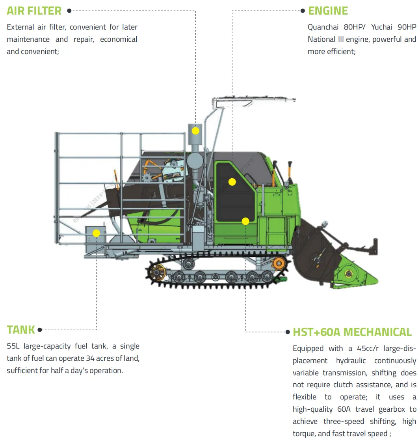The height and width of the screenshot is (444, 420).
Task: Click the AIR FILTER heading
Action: (x=34, y=11)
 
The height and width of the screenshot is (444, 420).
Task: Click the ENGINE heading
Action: (x=328, y=11)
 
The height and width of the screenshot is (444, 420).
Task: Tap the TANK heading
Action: (x=20, y=330)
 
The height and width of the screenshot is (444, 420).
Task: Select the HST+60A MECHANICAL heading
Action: (x=352, y=332)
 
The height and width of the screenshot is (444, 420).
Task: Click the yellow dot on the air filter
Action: (x=195, y=131)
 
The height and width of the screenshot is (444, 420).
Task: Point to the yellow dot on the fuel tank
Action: (x=96, y=233)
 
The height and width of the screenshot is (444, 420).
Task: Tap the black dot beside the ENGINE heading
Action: (x=303, y=11)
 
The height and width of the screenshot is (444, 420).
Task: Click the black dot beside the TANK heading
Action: (x=40, y=330)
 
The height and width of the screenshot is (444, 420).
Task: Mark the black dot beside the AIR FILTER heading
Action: (x=69, y=11)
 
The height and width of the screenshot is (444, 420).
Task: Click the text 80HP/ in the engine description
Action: (x=355, y=27)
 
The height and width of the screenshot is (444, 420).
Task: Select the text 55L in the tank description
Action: (x=13, y=346)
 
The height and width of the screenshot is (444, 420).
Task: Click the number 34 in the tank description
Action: (x=90, y=358)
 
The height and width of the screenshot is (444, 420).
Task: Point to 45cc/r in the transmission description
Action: (x=367, y=348)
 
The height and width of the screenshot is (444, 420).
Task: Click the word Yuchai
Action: (x=381, y=27)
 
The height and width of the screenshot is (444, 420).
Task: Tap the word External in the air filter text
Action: (x=20, y=27)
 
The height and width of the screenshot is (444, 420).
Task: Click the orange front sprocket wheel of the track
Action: (x=279, y=263)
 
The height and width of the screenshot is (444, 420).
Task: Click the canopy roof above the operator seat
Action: (x=254, y=101)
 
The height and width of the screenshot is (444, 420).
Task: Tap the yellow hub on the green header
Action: (x=348, y=274)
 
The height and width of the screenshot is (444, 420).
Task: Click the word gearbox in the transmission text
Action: (x=392, y=409)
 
